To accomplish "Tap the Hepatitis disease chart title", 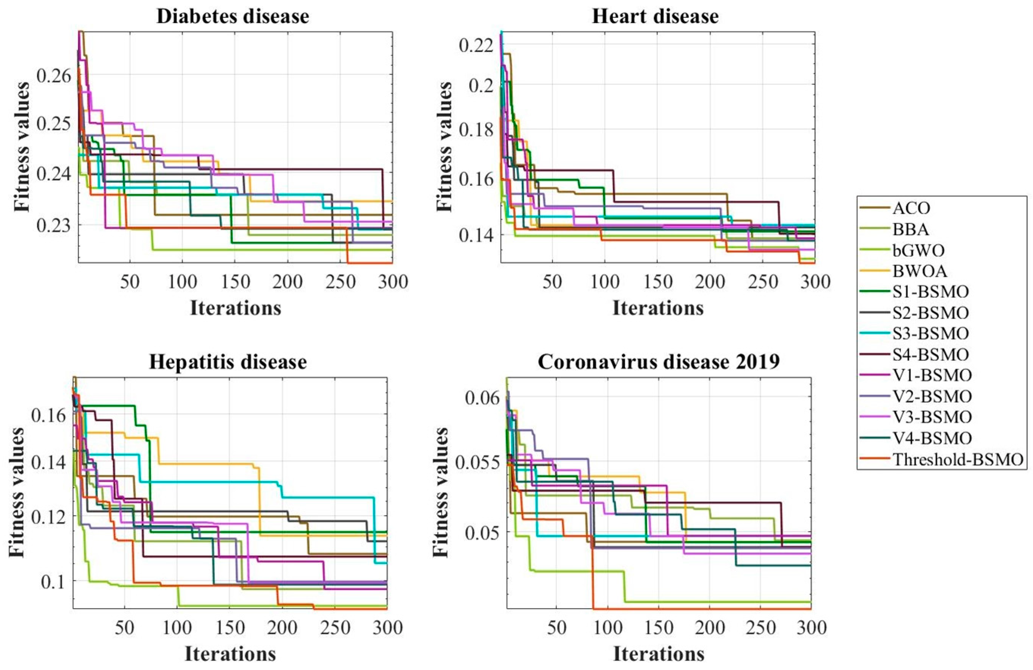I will (x=228, y=361).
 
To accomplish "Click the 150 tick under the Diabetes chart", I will (x=235, y=282).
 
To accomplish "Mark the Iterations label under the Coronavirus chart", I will (x=658, y=654).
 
